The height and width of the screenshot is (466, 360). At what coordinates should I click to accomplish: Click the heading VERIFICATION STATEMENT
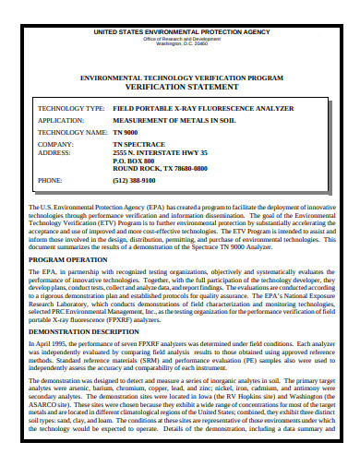tap(180, 90)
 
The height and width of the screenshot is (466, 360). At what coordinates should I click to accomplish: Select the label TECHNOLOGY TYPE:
tap(70, 109)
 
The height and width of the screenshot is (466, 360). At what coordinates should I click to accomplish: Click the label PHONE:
tap(51, 181)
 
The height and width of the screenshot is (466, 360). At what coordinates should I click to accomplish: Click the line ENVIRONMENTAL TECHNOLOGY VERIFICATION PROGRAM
tap(180, 80)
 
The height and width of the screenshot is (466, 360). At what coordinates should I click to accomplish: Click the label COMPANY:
tap(54, 145)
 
